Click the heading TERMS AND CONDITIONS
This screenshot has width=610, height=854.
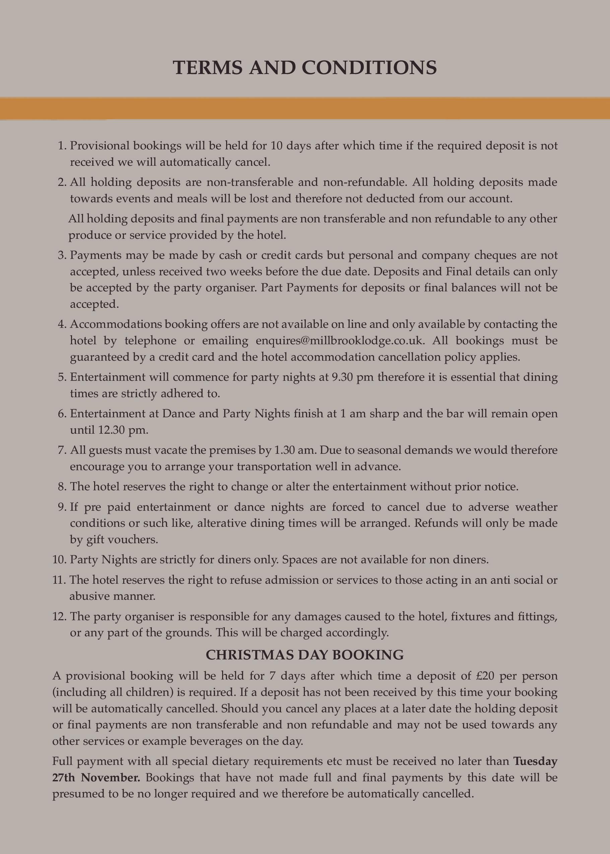304,68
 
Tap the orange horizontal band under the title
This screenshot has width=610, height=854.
304,109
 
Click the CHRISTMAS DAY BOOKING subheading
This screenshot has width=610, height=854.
304,655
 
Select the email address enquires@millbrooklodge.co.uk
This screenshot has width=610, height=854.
340,341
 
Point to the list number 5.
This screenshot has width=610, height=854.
62,377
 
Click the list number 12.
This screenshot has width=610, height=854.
59,616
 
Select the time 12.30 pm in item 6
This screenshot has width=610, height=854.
123,430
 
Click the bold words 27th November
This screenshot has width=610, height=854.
96,777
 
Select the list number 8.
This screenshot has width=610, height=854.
62,487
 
